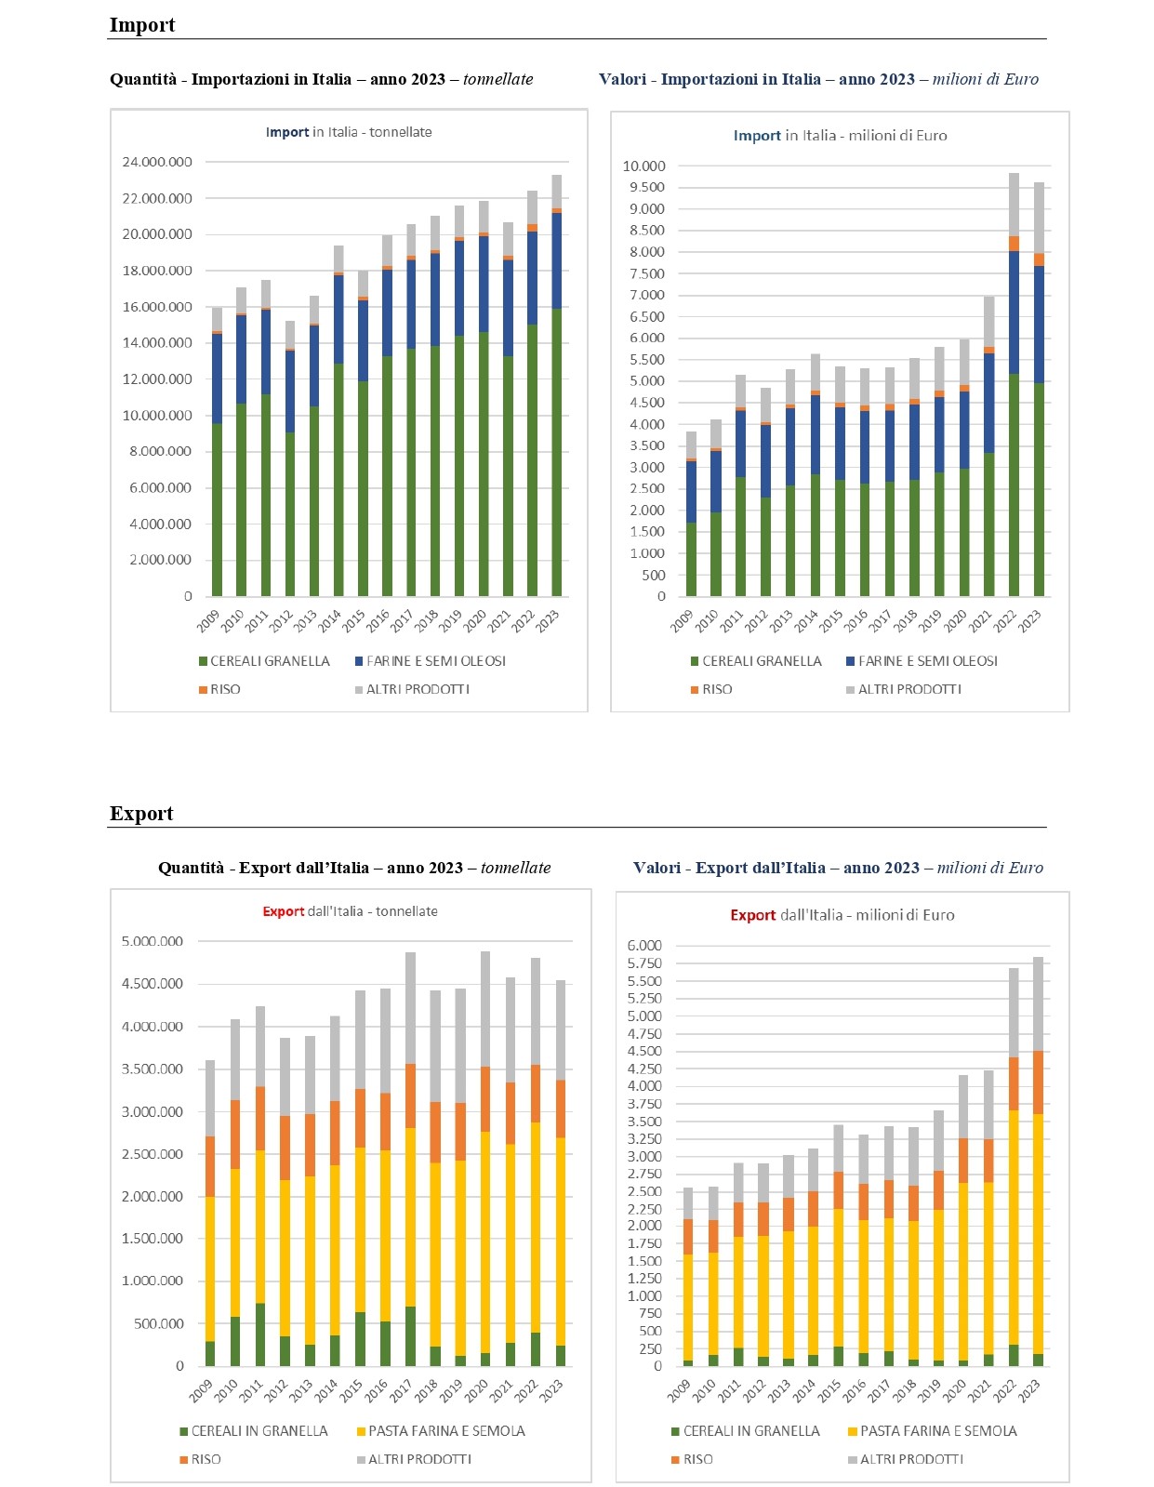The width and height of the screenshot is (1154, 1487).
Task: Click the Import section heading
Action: (142, 24)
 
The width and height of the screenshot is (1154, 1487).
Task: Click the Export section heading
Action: (141, 813)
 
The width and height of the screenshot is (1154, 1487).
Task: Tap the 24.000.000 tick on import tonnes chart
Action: (156, 162)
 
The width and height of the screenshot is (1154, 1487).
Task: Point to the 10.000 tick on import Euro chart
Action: (643, 166)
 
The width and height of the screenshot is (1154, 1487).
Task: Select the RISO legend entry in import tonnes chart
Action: (219, 689)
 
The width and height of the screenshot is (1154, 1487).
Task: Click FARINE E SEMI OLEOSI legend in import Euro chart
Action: (922, 661)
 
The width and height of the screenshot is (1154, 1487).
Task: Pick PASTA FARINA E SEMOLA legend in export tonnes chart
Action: (440, 1431)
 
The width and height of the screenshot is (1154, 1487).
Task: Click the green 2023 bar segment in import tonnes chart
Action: (556, 452)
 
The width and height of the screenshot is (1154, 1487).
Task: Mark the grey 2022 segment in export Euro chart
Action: (1014, 1013)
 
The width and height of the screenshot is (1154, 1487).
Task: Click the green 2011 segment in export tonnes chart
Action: (260, 1334)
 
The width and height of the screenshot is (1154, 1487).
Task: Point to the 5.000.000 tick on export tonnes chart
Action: (152, 942)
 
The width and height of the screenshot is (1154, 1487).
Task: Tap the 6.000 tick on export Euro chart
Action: (644, 946)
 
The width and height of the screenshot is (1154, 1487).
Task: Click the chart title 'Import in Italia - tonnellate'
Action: (349, 132)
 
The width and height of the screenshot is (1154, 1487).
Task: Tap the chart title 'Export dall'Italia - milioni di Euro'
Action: (842, 915)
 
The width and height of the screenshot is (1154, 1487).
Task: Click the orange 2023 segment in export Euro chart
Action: (1038, 1082)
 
